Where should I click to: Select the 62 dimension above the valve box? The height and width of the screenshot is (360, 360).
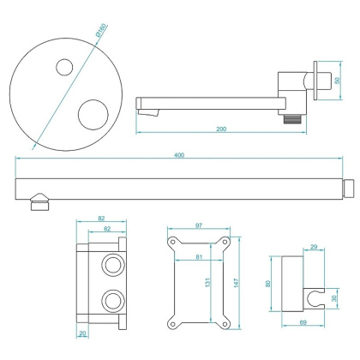click(107, 230)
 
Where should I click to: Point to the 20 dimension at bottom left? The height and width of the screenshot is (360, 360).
click(81, 333)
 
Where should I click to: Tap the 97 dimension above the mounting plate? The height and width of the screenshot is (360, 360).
click(199, 225)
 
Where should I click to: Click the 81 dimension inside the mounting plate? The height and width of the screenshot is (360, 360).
click(199, 255)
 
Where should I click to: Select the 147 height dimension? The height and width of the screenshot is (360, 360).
click(244, 281)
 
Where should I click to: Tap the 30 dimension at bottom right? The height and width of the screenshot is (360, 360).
click(335, 300)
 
